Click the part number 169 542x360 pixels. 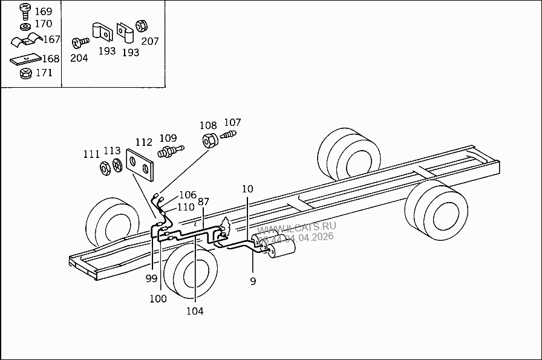click(44, 11)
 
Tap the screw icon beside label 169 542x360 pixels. click(25, 10)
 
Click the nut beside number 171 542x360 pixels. click(25, 73)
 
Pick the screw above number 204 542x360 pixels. click(79, 43)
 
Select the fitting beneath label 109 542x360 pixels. click(169, 151)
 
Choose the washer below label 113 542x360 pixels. click(116, 165)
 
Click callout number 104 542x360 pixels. click(195, 311)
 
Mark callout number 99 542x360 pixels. click(151, 278)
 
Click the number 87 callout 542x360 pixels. click(203, 201)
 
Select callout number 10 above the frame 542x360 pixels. click(247, 189)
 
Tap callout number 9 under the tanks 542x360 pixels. click(253, 281)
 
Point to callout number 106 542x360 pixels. click(188, 195)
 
